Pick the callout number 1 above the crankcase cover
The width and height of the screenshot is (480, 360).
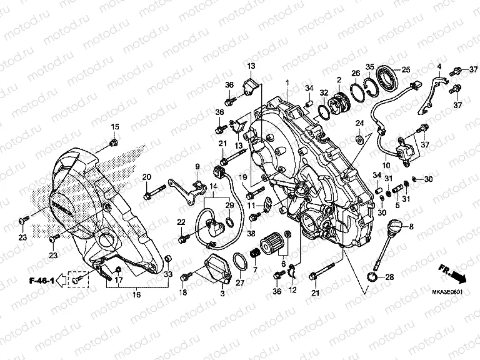pos(287,82)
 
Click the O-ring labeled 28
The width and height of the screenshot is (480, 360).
pos(371,276)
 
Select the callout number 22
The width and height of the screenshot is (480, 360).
pos(181,222)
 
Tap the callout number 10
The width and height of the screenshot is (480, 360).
pos(386,166)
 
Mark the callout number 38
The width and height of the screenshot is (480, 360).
pos(251,233)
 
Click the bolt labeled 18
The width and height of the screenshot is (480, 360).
pos(184,276)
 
